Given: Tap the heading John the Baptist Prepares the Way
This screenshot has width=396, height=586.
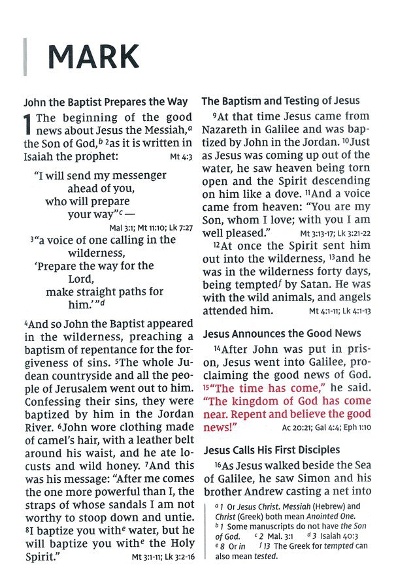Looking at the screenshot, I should [x=106, y=102].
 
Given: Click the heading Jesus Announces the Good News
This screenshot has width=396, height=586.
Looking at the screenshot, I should [x=282, y=334].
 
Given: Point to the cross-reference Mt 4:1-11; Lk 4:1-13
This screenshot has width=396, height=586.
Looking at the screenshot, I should [x=339, y=311].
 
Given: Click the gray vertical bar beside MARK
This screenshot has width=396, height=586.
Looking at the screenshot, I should [x=25, y=57].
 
